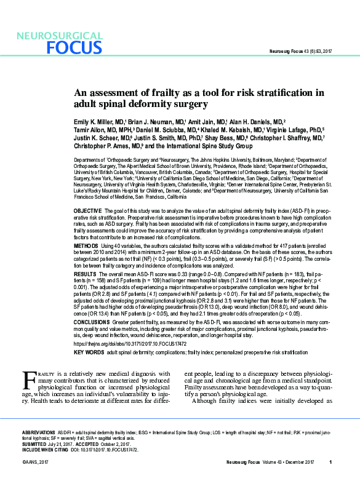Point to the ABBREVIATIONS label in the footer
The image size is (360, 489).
tap(39, 433)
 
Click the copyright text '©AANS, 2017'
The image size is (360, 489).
tap(35, 462)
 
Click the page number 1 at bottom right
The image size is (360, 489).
tap(330, 462)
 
